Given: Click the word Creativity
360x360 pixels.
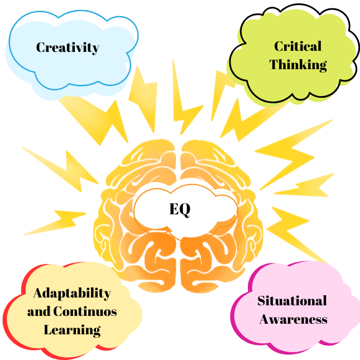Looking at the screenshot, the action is (68, 48).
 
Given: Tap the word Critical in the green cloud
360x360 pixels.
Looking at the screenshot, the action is (298, 46).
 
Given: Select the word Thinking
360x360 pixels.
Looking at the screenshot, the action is (298, 65).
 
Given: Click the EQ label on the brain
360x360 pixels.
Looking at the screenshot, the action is (180, 209).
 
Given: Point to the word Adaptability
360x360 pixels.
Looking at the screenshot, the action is (72, 294).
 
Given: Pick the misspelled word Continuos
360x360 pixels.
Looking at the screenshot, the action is (85, 311).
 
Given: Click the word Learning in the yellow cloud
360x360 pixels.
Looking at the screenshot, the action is (72, 330).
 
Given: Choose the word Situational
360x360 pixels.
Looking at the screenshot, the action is (292, 300).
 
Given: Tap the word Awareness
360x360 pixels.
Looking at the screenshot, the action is (294, 319).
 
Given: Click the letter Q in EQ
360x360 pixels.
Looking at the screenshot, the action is (185, 210).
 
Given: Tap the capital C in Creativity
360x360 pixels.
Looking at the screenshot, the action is (41, 47).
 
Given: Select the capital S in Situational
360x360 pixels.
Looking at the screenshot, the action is (262, 301).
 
